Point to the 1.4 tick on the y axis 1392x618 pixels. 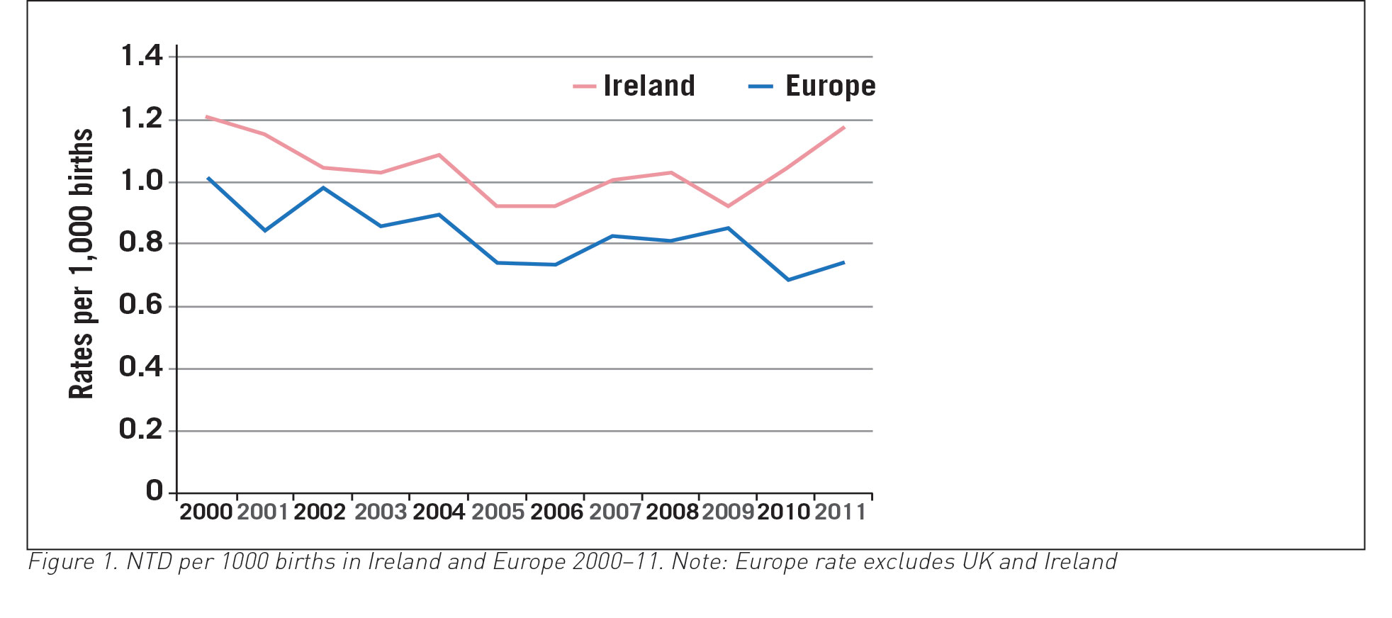coord(142,55)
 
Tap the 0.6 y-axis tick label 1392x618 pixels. coord(140,304)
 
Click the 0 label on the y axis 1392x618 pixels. coord(154,490)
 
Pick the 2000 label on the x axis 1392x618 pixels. coord(206,512)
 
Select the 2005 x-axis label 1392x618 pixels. coord(498,512)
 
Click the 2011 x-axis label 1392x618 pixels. coord(841,512)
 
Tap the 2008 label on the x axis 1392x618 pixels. coord(672,512)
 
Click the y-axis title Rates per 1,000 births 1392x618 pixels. coord(82,264)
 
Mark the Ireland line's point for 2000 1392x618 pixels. coord(207,117)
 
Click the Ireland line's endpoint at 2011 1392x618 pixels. coord(843,128)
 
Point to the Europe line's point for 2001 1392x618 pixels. coord(265,230)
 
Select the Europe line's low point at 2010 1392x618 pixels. coord(788,280)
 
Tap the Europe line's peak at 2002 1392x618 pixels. coord(323,188)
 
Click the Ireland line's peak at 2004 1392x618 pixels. coord(439,154)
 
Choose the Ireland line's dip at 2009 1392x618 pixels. coord(728,206)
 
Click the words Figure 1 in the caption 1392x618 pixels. coord(72,562)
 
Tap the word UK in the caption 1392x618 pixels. coord(977,562)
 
